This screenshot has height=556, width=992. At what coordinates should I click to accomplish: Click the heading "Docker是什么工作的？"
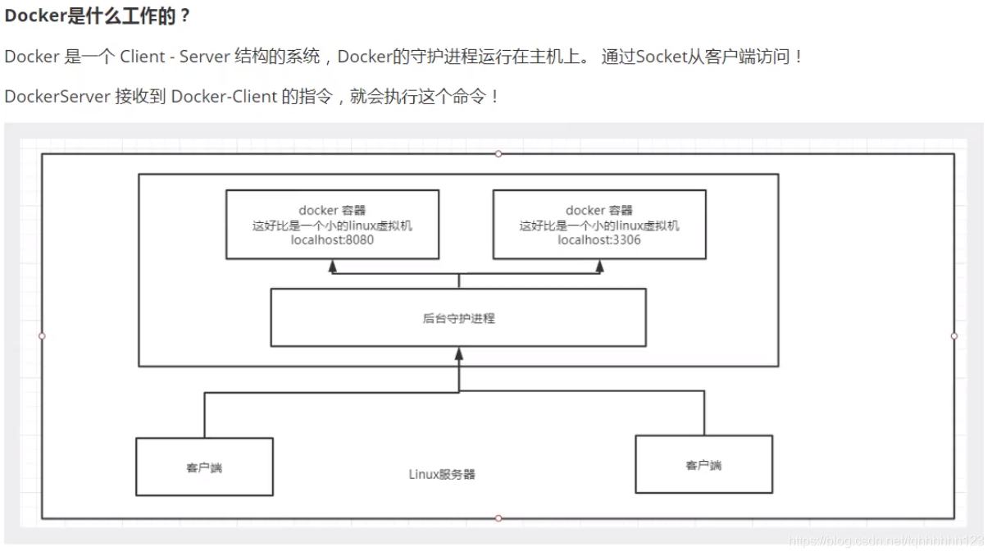pyautogui.click(x=97, y=16)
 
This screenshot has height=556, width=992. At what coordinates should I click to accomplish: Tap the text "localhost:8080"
pyautogui.click(x=332, y=240)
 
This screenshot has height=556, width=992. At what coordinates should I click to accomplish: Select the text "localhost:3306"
pyautogui.click(x=599, y=240)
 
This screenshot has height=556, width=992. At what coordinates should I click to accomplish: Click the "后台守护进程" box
pyautogui.click(x=458, y=317)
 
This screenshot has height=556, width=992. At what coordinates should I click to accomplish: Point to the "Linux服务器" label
pyautogui.click(x=442, y=474)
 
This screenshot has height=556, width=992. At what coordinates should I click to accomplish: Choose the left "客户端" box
pyautogui.click(x=204, y=467)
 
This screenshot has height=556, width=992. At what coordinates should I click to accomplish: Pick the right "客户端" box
pyautogui.click(x=703, y=464)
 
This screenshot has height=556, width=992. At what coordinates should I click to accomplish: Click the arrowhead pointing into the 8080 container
pyautogui.click(x=333, y=267)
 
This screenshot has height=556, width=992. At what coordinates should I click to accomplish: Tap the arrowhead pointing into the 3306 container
pyautogui.click(x=599, y=267)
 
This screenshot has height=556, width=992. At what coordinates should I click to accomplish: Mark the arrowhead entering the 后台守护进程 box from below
pyautogui.click(x=459, y=353)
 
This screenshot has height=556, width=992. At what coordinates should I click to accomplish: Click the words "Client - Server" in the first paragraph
pyautogui.click(x=171, y=57)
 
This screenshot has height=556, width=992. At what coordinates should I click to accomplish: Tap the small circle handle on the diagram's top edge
pyautogui.click(x=498, y=153)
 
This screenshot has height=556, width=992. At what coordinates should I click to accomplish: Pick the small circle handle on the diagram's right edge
pyautogui.click(x=954, y=335)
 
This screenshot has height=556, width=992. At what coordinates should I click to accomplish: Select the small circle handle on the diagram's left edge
pyautogui.click(x=42, y=335)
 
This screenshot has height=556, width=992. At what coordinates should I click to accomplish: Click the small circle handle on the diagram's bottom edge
pyautogui.click(x=498, y=518)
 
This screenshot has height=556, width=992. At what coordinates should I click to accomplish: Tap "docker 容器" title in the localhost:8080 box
pyautogui.click(x=332, y=211)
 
